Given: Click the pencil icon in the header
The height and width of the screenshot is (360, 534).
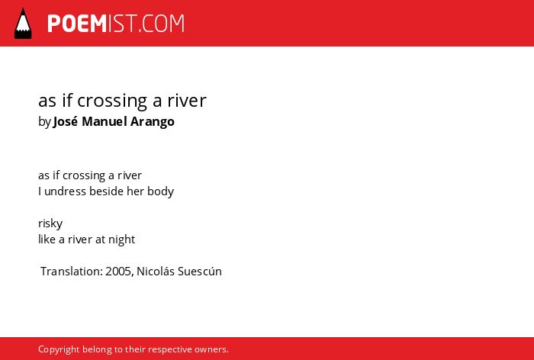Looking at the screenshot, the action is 23,23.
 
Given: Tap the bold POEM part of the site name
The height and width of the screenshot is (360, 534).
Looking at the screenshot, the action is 77,24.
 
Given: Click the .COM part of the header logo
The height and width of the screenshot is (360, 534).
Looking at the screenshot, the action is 162,24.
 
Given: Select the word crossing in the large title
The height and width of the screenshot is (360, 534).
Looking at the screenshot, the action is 112,101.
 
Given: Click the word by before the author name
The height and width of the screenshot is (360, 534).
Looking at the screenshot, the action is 44,122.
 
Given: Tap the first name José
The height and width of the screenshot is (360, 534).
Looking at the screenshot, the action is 66,121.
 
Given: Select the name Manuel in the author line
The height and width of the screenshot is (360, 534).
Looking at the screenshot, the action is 105,121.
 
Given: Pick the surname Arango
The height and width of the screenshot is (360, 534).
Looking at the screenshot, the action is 153,122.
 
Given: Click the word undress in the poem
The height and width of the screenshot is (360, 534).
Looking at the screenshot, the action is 65,191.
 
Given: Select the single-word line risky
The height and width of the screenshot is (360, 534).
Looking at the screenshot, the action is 50,223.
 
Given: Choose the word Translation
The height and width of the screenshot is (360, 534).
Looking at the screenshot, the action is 72,272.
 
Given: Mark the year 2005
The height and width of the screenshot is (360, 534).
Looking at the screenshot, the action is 119,272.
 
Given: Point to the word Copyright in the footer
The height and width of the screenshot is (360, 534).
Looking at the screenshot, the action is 59,349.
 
